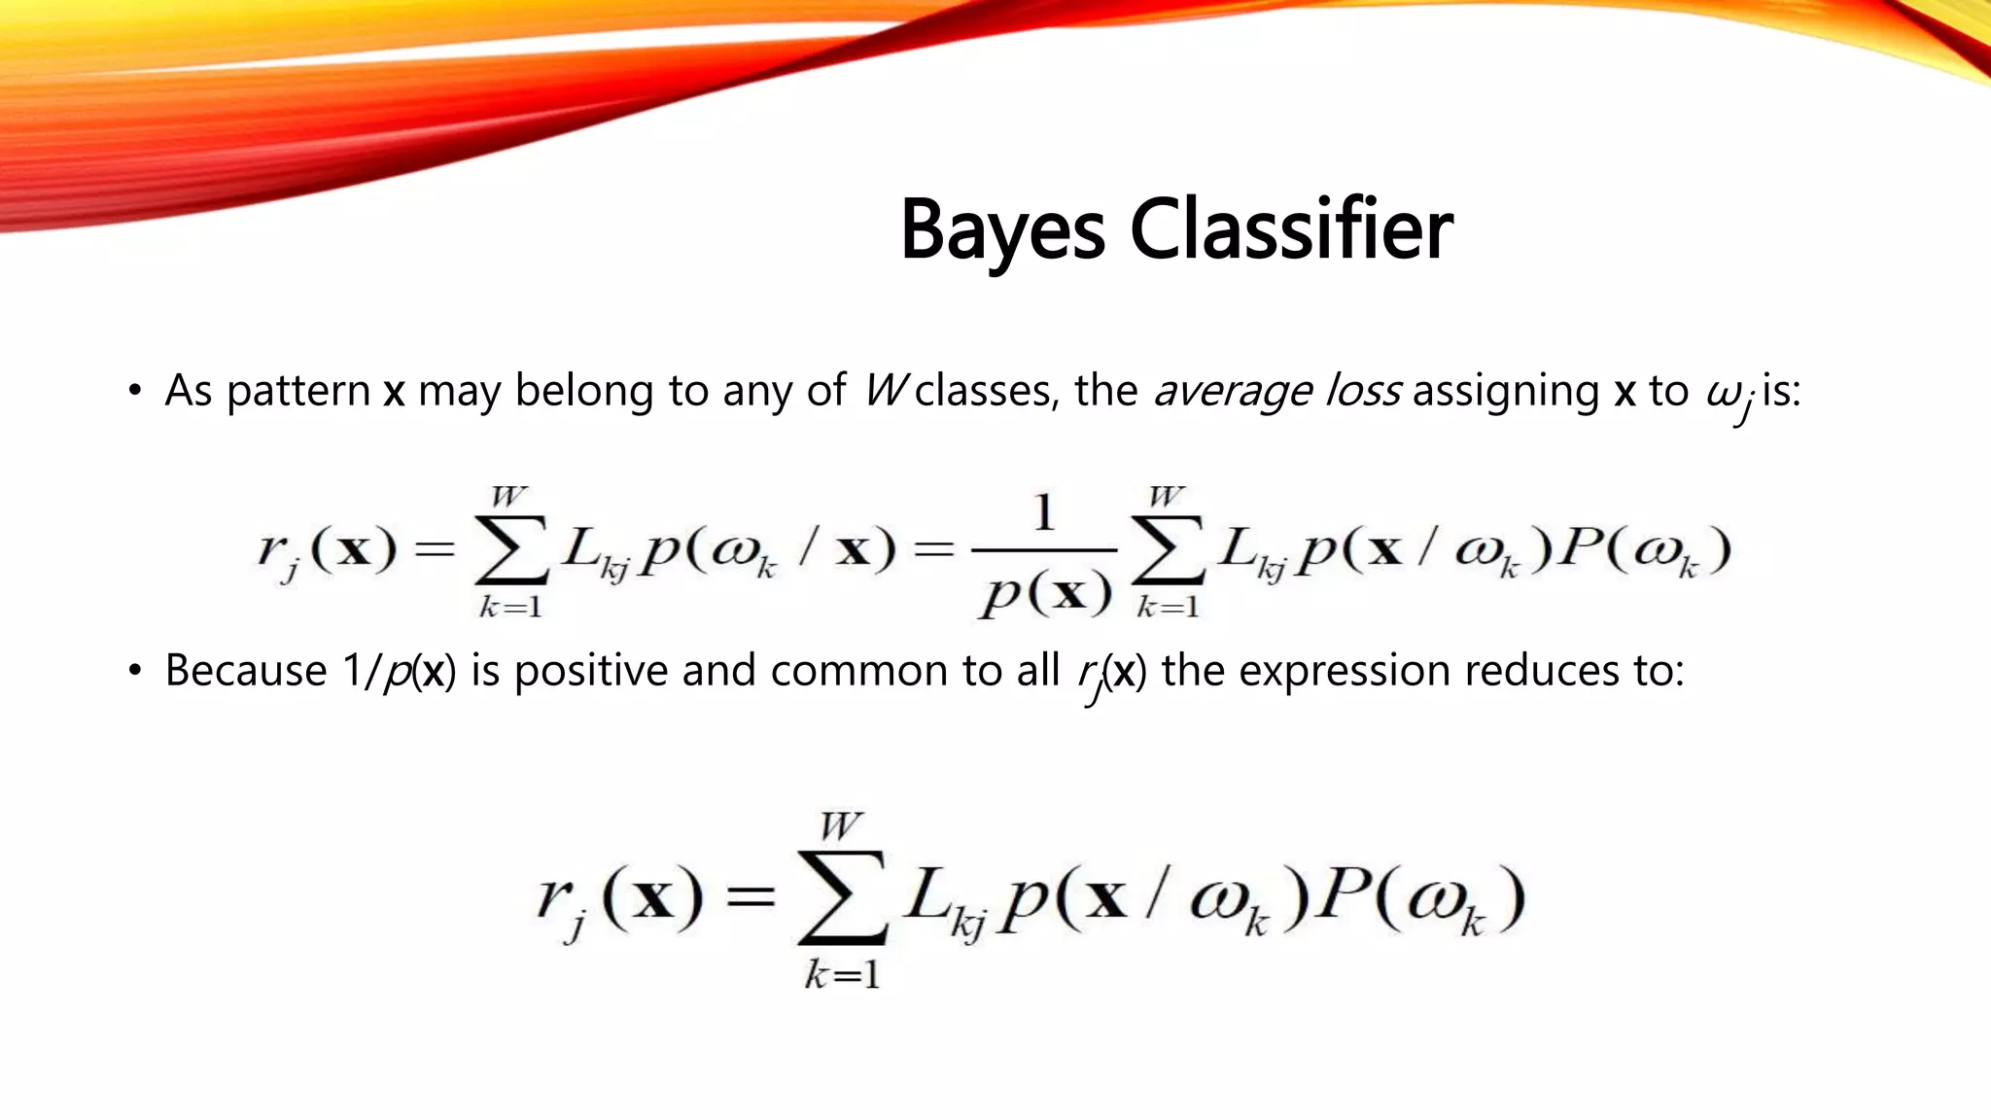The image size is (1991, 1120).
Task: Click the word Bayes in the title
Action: pos(1002,231)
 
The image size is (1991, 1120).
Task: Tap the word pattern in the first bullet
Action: pos(298,392)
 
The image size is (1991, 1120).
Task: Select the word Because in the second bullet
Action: pos(246,671)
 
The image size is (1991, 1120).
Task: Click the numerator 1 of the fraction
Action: pos(1043,513)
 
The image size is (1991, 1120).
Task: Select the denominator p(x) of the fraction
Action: pos(1044,594)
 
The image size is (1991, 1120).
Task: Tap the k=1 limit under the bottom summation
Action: pos(842,974)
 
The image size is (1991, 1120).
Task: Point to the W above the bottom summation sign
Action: pos(840,826)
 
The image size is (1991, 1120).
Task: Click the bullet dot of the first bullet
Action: pos(135,392)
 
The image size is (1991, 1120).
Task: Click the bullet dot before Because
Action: pos(135,672)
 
